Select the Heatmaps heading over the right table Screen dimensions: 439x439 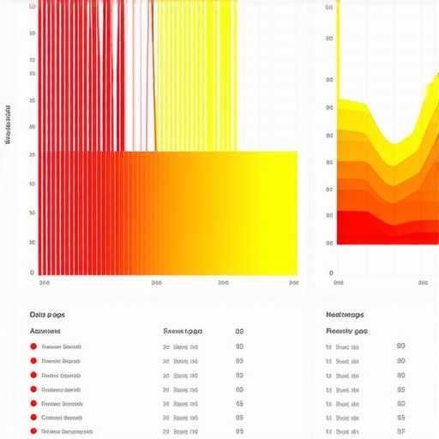tap(346, 315)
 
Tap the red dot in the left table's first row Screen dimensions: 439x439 tap(33, 346)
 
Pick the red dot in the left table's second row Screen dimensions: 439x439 tap(33, 361)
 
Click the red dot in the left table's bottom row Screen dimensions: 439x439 tap(33, 431)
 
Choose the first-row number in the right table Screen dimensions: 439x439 tap(401, 346)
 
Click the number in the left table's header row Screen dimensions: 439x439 tap(239, 331)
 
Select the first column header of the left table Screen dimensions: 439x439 tap(45, 331)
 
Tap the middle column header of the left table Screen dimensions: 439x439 tap(182, 331)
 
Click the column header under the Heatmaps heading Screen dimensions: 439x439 tap(347, 331)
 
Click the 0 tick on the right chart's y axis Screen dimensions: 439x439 tap(330, 273)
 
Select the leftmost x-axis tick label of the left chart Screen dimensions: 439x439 tap(45, 282)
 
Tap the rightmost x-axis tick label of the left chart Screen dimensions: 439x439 tap(293, 282)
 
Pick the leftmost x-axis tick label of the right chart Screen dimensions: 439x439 tap(339, 282)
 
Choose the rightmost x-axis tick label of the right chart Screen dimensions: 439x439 tap(423, 282)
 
